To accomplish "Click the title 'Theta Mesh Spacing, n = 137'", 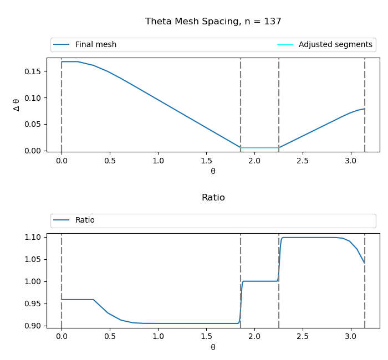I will [213, 22].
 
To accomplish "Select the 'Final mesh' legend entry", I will [95, 45].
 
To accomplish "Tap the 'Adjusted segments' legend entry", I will [335, 45].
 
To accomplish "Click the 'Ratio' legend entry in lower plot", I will [85, 220].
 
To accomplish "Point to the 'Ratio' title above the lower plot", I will [213, 198].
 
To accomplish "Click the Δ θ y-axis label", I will [16, 105].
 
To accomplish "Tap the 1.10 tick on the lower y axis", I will [33, 237].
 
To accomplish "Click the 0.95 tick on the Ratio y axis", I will [33, 304].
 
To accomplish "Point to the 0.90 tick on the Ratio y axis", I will [33, 326].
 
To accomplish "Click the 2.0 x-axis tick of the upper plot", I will [254, 161].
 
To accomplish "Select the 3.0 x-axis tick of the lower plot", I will [350, 336].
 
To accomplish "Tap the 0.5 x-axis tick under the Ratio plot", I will [110, 336].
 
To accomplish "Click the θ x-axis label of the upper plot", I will [213, 171].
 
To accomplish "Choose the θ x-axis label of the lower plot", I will [213, 347].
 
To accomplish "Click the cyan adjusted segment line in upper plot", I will [259, 147].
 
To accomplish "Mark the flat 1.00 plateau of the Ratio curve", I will [259, 281].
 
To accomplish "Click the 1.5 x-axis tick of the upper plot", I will [206, 161].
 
